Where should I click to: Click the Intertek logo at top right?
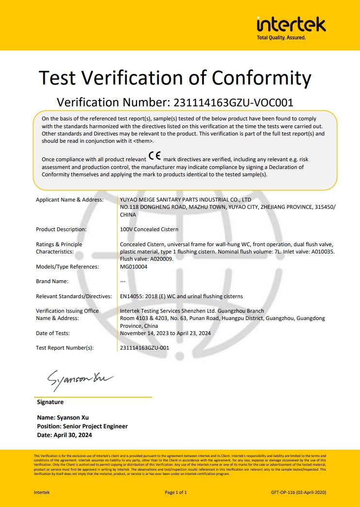coord(291,24)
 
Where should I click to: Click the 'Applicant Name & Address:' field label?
coord(69,200)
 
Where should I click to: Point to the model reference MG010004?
coord(134,267)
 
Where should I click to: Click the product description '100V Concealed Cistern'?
coord(149,229)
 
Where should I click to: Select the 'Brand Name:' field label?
coord(52,282)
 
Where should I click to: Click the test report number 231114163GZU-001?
coord(144,348)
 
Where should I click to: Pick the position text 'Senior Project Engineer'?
coord(95,426)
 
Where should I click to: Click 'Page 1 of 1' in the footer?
coord(176,492)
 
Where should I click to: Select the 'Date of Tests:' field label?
coord(53,333)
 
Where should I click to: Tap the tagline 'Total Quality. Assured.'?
coord(281,38)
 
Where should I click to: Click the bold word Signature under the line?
coord(50,402)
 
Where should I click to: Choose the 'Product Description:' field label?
coord(61,229)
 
